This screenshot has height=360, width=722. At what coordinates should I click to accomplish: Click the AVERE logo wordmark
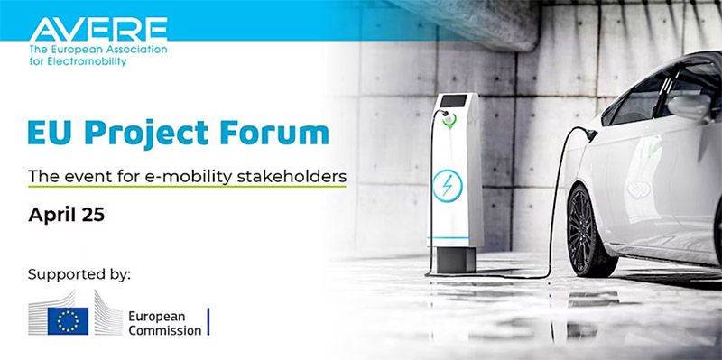coord(98,30)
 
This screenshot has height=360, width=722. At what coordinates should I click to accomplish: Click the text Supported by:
coord(79,275)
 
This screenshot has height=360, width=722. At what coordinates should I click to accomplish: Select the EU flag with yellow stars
coord(68,321)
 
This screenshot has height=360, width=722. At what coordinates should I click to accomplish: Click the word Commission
coord(165,330)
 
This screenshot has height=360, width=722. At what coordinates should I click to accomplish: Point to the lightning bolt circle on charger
coord(447,186)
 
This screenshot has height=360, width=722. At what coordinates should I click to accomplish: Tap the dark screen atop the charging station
coord(453,100)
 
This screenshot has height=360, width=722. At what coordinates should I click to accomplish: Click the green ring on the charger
coord(449,120)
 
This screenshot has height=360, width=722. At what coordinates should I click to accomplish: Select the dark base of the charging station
coord(456,260)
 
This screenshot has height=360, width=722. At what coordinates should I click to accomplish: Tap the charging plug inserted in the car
coord(589,134)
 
